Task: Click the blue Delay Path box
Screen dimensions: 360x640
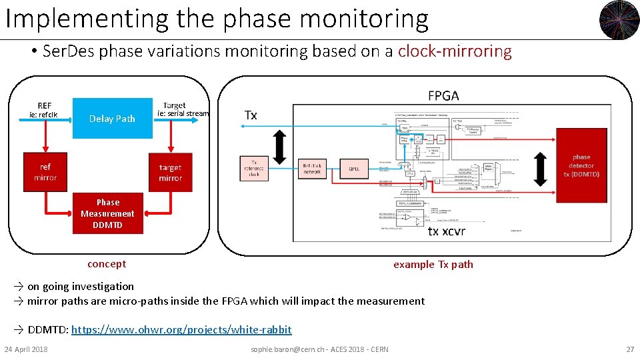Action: click(112, 119)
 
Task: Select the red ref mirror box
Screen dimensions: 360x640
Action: click(45, 172)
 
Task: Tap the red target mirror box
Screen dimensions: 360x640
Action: click(170, 173)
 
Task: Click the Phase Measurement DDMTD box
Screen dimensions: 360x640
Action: click(107, 213)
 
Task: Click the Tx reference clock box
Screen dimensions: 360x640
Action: click(253, 169)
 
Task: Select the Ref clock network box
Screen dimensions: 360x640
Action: click(312, 169)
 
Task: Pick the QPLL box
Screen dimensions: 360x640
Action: click(354, 169)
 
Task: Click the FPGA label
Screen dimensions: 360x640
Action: click(443, 96)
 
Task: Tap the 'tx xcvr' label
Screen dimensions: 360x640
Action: click(446, 231)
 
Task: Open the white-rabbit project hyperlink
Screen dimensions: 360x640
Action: click(181, 330)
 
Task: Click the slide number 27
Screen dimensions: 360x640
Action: click(629, 349)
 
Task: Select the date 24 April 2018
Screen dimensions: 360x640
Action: click(26, 349)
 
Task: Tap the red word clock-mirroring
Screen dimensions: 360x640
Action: click(455, 52)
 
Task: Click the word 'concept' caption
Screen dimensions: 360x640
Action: click(107, 264)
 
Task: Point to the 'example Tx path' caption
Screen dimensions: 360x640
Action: click(433, 265)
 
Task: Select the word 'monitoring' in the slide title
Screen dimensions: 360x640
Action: click(364, 19)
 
